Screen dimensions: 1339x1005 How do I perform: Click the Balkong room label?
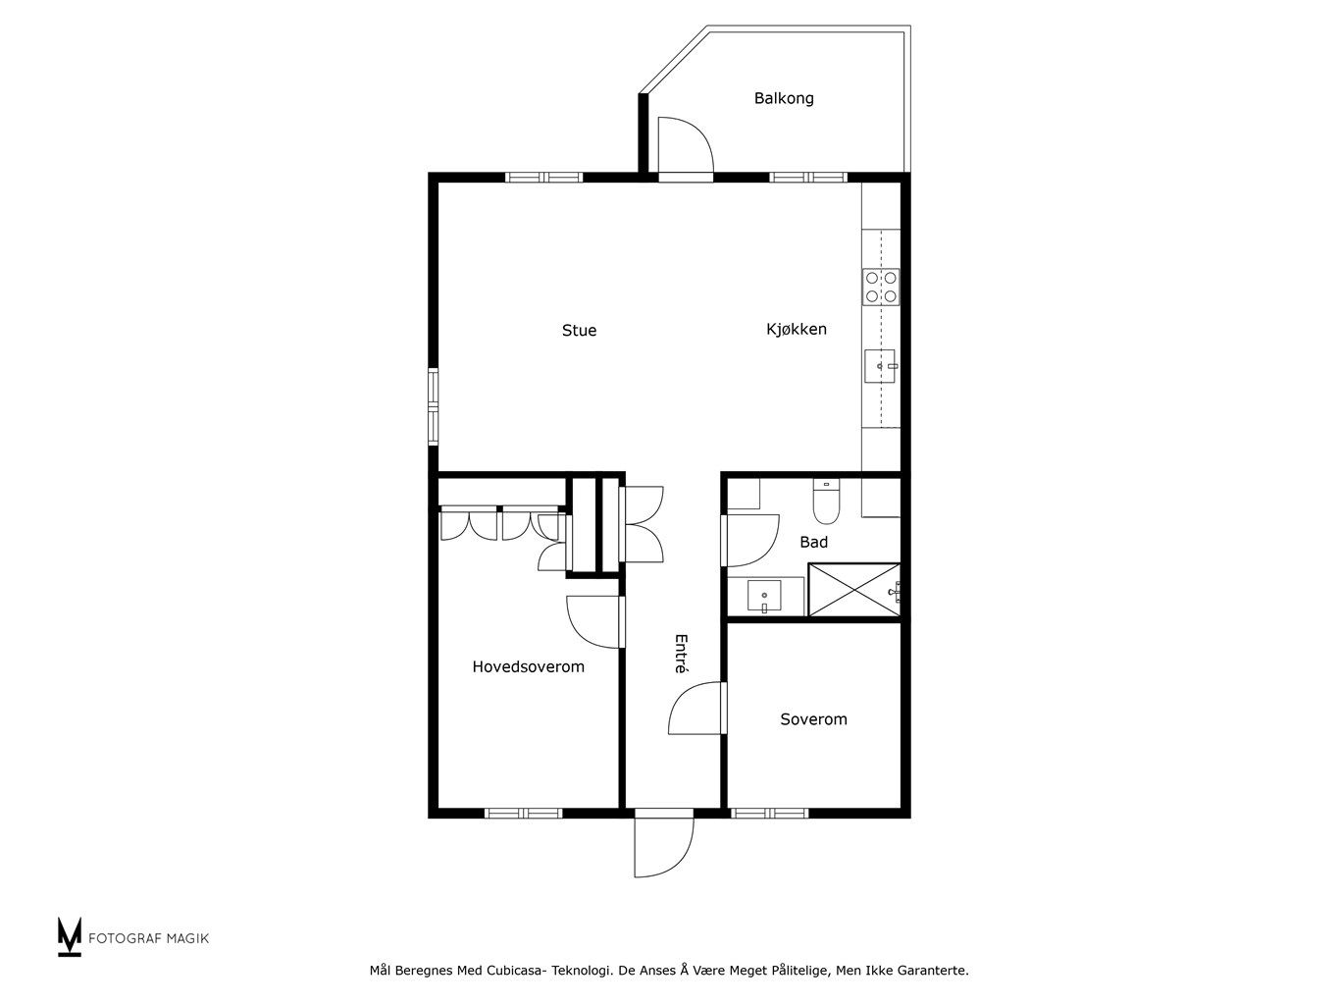click(784, 98)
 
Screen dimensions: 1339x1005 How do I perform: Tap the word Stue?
click(579, 330)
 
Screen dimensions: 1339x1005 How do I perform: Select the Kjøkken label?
click(797, 330)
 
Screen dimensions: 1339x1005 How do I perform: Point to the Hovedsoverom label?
click(529, 666)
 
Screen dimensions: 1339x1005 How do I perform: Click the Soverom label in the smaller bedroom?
click(814, 718)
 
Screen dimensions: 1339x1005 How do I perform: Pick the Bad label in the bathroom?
click(814, 542)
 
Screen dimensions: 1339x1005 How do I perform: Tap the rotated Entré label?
click(682, 654)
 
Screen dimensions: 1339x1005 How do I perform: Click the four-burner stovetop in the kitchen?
click(881, 287)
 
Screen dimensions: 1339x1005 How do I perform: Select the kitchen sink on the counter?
click(880, 366)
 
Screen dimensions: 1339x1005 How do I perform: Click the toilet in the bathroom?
click(827, 502)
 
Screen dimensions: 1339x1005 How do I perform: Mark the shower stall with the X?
click(854, 590)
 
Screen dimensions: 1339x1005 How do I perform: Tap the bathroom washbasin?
click(764, 596)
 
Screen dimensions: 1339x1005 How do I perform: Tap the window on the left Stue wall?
click(434, 405)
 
